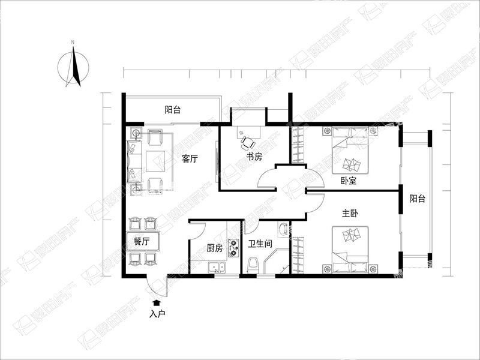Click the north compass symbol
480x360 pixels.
[73, 65]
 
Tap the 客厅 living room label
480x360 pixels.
[190, 158]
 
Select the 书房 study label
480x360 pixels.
[254, 157]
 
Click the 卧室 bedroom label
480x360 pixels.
[349, 181]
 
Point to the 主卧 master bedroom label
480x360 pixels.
[350, 214]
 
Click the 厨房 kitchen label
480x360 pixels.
[215, 248]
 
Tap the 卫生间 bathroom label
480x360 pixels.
[260, 244]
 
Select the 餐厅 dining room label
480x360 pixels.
[142, 242]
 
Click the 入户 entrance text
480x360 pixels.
[157, 314]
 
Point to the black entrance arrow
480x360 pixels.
[157, 303]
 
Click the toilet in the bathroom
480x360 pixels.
[253, 265]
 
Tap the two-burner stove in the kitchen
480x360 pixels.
[234, 248]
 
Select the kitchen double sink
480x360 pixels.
[217, 268]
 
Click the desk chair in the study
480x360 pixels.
[247, 143]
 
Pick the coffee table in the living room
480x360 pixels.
[155, 161]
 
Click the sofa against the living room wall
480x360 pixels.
[134, 161]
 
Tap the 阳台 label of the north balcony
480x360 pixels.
[173, 110]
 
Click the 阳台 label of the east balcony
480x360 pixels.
[418, 199]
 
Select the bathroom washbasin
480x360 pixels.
[283, 229]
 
